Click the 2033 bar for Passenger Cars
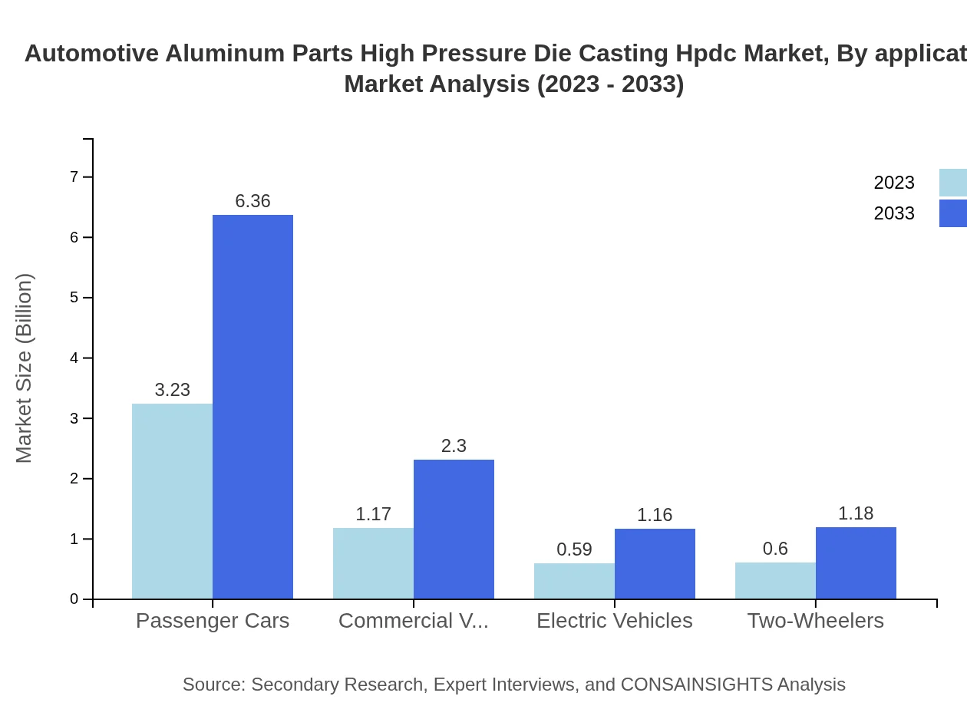252,407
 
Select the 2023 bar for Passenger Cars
172,501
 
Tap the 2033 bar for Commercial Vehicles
454,529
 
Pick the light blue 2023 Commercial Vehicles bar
373,563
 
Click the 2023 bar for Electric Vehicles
574,581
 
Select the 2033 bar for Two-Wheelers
856,563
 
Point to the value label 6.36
252,201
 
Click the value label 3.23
172,390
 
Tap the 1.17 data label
373,514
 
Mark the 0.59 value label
574,549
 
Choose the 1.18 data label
856,513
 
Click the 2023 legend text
894,183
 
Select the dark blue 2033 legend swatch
952,213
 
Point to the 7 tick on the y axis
74,177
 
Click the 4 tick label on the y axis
74,358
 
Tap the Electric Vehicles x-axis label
614,620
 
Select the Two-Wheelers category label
815,620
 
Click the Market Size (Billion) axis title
25,368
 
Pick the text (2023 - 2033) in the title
609,84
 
